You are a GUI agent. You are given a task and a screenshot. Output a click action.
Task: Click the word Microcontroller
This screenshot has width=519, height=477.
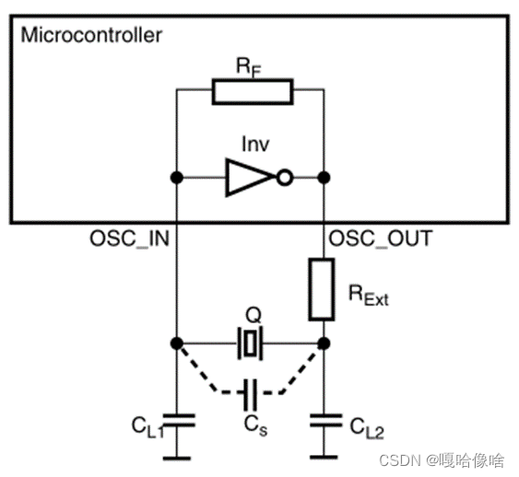pos(91,35)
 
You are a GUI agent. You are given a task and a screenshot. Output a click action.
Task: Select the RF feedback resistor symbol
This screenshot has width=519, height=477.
pos(253,91)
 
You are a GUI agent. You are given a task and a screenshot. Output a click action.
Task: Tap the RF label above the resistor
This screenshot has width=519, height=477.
pos(249,67)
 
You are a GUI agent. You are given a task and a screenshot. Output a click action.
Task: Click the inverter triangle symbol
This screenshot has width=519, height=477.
pos(250,178)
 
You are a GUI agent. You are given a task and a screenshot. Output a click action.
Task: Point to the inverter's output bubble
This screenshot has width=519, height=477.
pos(284,178)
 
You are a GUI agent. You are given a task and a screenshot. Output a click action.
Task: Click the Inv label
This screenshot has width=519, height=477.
pos(255,145)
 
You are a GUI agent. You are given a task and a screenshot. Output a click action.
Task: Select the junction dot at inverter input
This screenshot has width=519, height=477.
pos(177,178)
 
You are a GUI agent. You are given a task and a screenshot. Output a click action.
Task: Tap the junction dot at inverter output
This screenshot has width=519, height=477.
pos(324,178)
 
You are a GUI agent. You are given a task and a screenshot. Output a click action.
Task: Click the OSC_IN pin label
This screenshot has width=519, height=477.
pos(129,238)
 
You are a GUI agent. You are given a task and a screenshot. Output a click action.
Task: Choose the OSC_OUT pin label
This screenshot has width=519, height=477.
pos(381,238)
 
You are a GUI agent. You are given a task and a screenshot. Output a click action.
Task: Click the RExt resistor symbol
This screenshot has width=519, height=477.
pos(322,289)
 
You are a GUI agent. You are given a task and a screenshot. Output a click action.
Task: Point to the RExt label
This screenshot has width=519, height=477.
pos(369,295)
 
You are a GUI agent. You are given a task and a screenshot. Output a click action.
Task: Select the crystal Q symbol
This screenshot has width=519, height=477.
pos(250,343)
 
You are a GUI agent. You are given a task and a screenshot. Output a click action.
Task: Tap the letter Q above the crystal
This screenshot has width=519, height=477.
pos(254,315)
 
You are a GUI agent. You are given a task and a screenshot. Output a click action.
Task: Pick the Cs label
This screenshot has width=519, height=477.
pos(255,425)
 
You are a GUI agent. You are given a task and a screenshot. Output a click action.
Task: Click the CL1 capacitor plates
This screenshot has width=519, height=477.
pos(179,420)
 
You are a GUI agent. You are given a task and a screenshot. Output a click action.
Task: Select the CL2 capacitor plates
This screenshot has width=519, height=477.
pos(326,420)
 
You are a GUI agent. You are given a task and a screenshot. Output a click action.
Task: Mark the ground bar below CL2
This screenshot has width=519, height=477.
pos(324,458)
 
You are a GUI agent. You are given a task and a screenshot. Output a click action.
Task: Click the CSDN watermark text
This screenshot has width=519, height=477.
pos(442,460)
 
